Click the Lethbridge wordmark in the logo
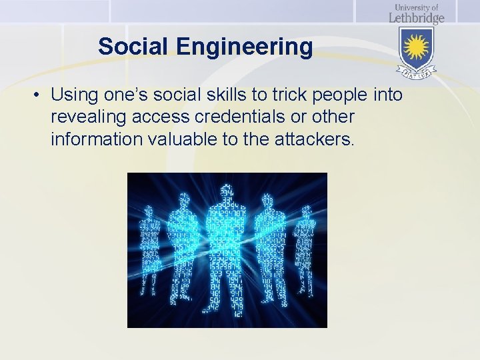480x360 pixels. [x=417, y=18]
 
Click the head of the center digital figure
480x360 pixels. [x=227, y=190]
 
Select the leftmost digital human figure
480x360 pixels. [x=149, y=247]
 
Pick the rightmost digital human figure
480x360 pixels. [x=306, y=247]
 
